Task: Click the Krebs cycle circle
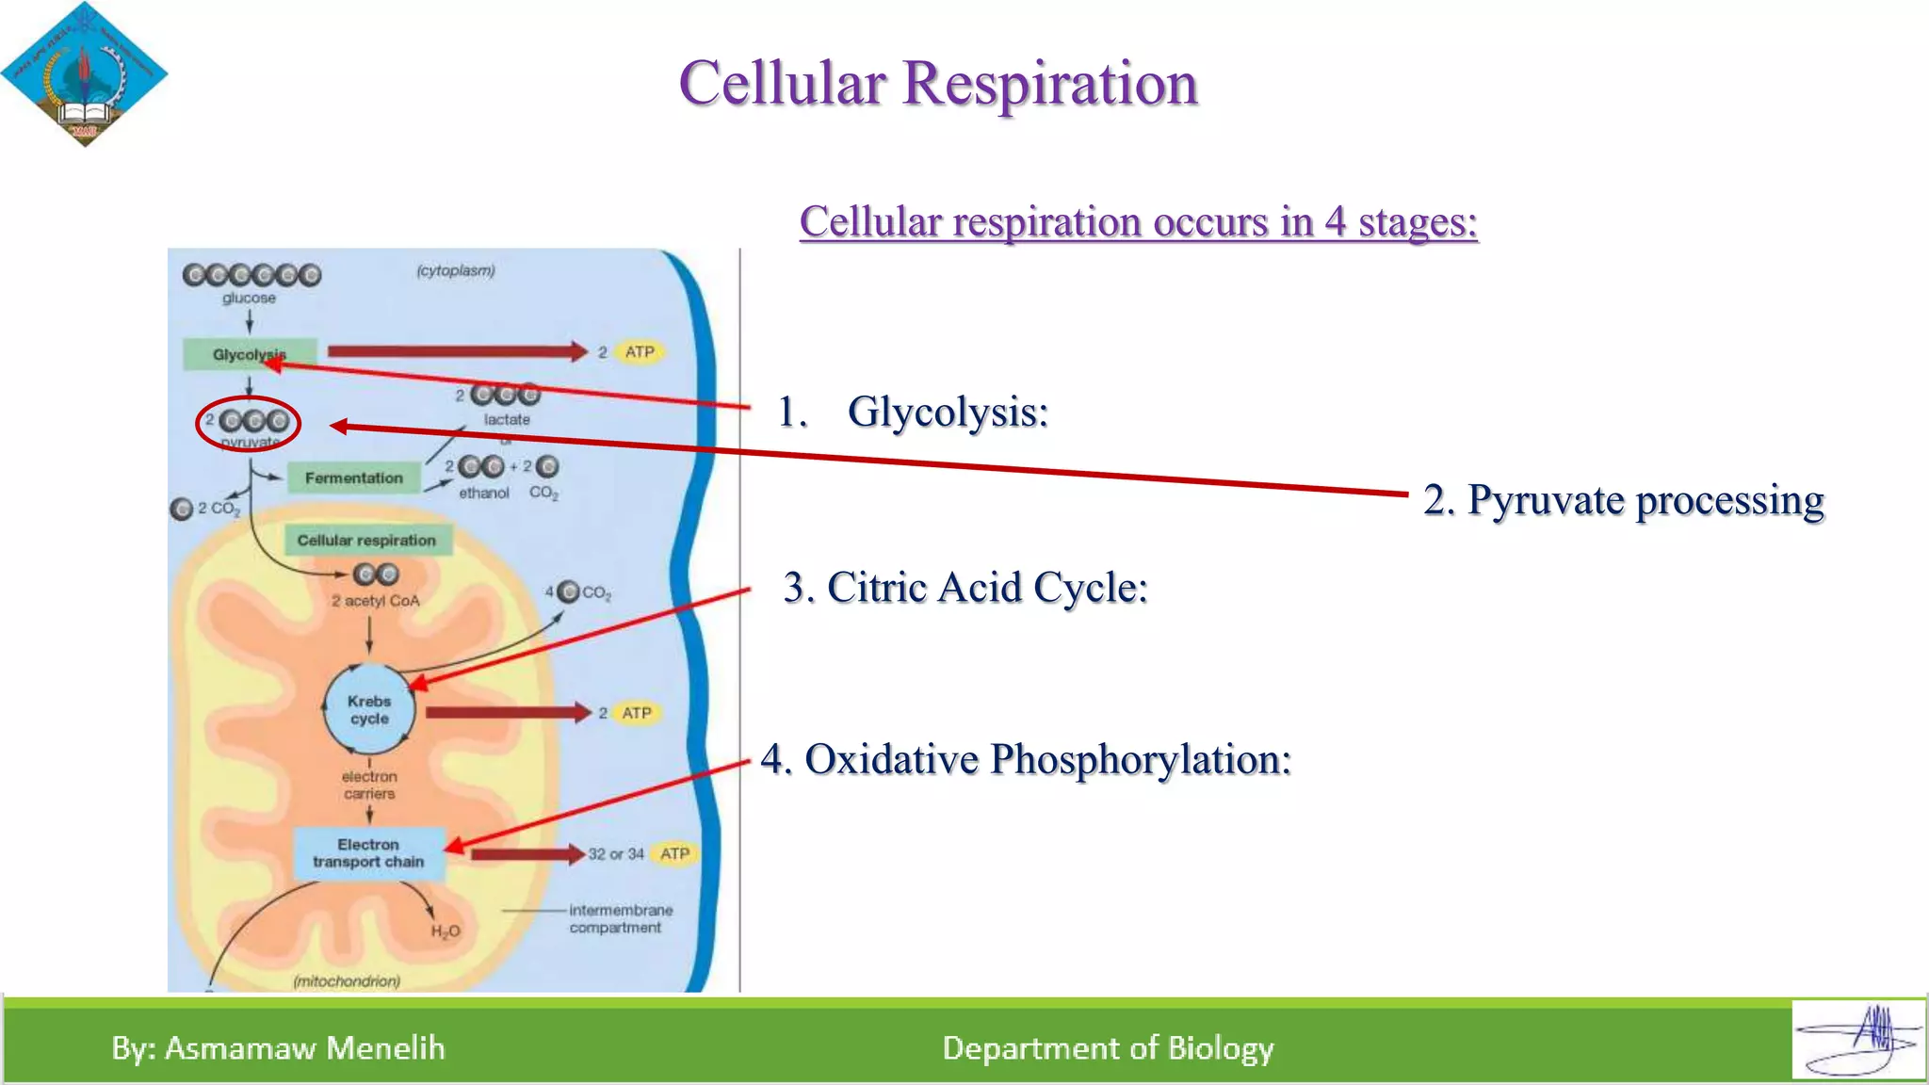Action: point(369,710)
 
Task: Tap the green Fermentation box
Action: point(353,478)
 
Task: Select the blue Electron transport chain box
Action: point(368,853)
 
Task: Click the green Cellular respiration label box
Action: point(366,541)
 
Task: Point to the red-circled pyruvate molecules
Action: point(249,423)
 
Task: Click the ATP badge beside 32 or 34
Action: point(674,853)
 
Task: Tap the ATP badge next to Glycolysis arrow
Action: point(640,352)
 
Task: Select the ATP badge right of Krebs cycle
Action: point(637,713)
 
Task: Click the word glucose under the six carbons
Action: point(249,299)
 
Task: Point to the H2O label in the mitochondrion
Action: point(446,931)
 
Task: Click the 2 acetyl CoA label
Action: point(375,601)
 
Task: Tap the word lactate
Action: point(507,420)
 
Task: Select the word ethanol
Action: point(483,494)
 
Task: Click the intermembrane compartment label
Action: point(620,919)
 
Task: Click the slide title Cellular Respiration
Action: point(938,83)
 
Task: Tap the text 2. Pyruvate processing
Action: point(1623,500)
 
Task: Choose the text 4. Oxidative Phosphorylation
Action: point(1026,759)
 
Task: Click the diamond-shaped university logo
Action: point(84,74)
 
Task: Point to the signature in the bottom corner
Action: point(1858,1040)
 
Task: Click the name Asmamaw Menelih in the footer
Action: point(303,1048)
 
